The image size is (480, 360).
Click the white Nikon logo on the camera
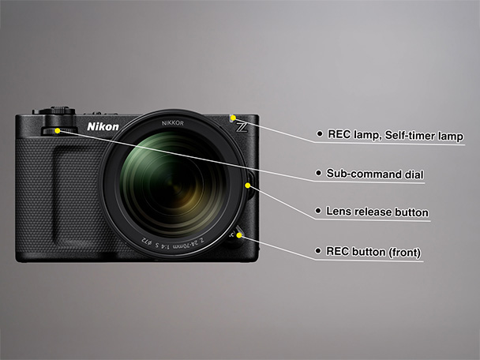point(103,127)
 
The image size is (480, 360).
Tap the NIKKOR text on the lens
point(173,123)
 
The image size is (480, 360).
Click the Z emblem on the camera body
point(242,127)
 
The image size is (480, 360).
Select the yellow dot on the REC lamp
point(233,118)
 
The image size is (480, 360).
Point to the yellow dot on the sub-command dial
point(58,131)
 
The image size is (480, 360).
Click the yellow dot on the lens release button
point(248,186)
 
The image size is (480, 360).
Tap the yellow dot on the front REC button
point(239,235)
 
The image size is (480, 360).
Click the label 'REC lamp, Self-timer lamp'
point(396,135)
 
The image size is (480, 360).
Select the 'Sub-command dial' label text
point(375,174)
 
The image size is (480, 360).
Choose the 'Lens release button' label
point(377,212)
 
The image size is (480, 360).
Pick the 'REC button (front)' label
point(373,252)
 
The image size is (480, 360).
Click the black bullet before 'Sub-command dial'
point(318,173)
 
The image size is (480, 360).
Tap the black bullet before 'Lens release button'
point(318,211)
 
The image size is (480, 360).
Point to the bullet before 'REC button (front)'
point(318,251)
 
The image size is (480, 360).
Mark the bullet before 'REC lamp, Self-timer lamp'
point(320,133)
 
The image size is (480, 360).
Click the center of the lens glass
point(173,186)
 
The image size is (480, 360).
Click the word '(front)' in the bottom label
point(405,253)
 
